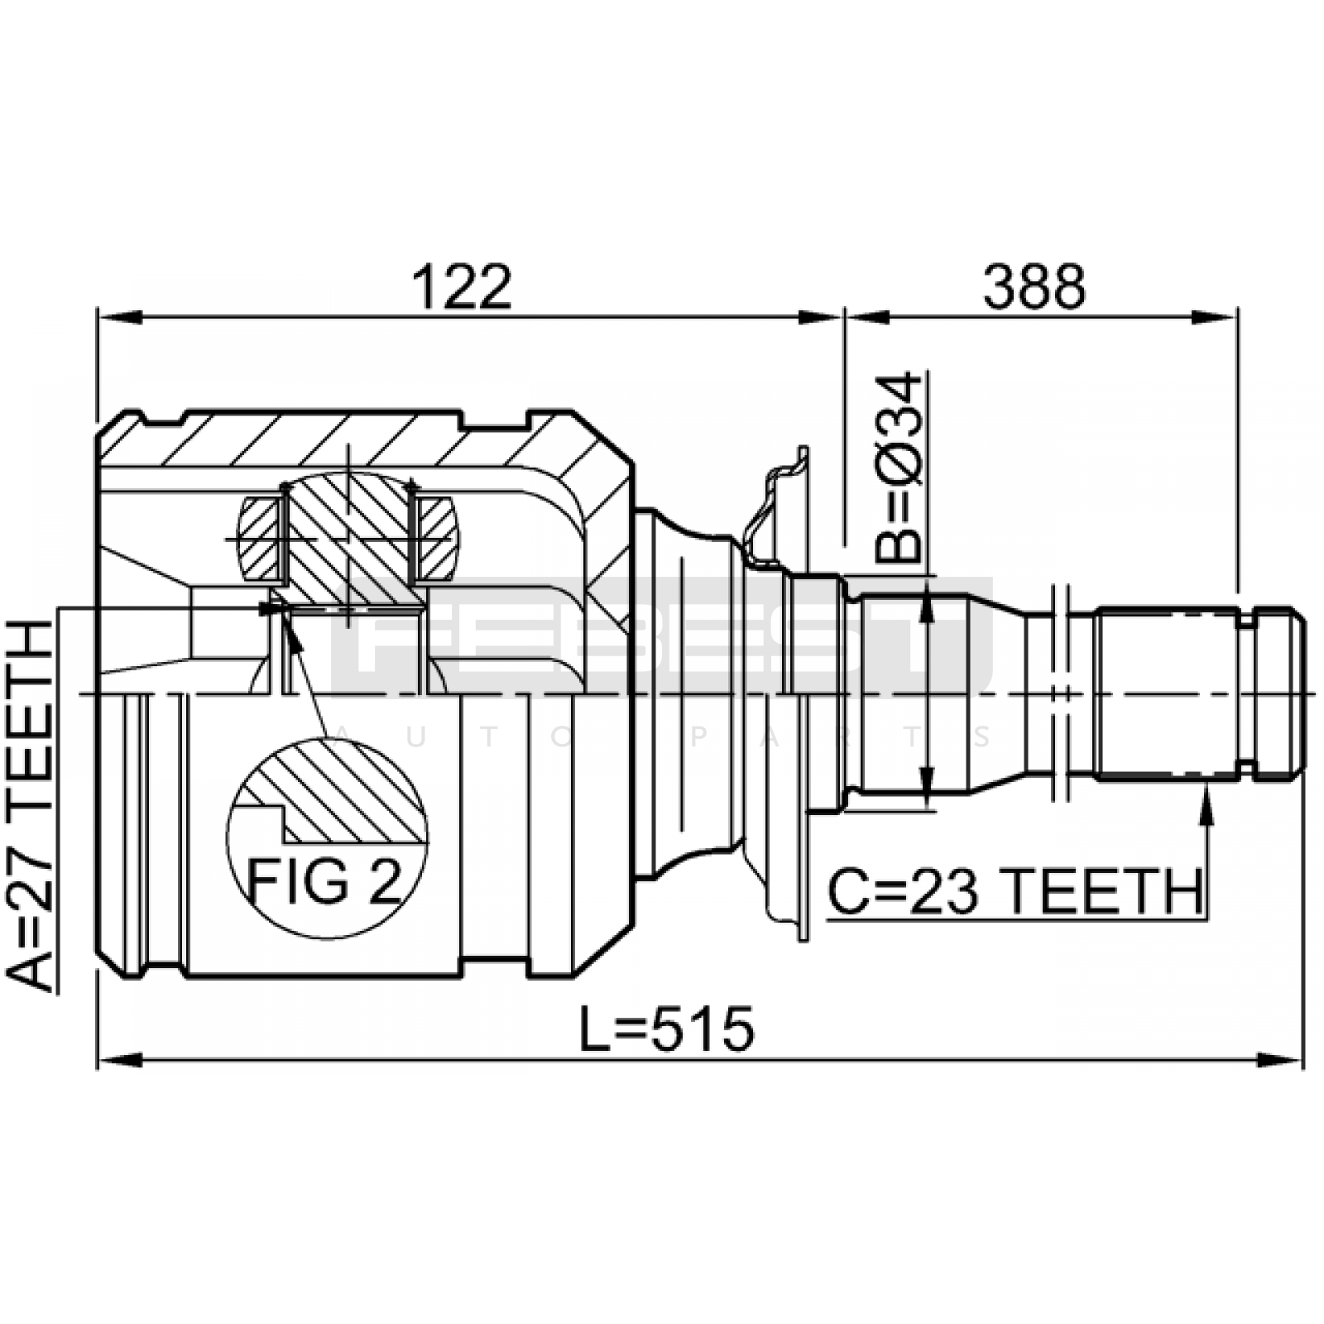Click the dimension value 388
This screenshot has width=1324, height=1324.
coord(1034,287)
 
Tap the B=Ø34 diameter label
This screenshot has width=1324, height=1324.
coord(899,468)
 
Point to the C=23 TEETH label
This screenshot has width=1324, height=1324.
coord(1015,891)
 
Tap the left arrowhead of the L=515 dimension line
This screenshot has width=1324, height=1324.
coord(121,1060)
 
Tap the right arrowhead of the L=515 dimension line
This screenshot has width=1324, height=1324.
coord(1280,1060)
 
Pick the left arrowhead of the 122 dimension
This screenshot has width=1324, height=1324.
coord(121,316)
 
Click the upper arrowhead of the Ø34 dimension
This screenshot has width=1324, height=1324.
coord(928,600)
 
